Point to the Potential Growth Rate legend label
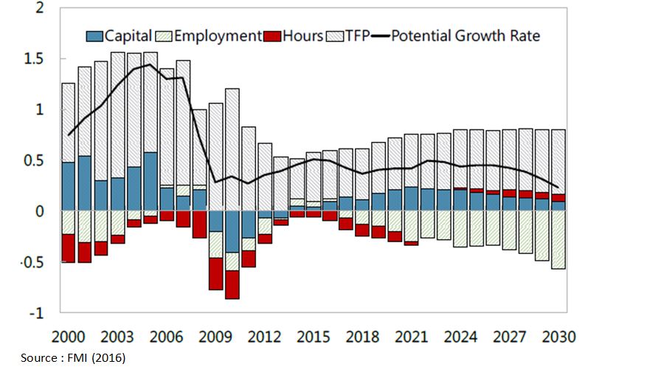point(465,35)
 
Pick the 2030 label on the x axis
point(558,337)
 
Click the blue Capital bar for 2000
point(69,186)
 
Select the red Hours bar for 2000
point(69,248)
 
